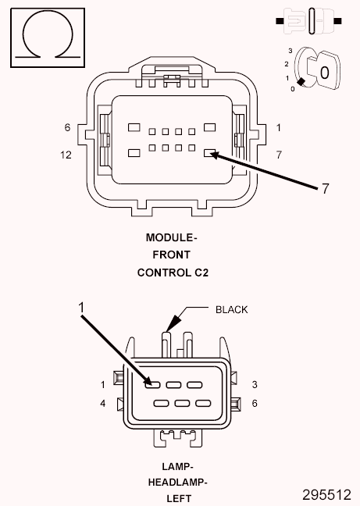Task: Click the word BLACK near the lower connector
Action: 231,309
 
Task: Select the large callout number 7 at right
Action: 315,188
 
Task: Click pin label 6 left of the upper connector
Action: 68,127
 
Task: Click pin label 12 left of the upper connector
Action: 66,155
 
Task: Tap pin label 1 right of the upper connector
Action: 278,127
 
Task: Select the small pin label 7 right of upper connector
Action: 279,155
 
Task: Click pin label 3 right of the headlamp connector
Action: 255,384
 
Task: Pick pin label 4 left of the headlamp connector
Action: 102,404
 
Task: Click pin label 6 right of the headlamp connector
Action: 255,404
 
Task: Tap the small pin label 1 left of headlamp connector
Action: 102,384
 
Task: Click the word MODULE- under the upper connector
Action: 172,237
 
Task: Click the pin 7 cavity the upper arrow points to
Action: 209,154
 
